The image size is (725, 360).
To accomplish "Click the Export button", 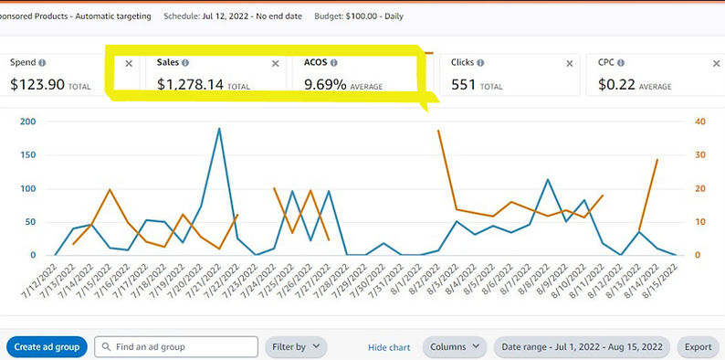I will [698, 347].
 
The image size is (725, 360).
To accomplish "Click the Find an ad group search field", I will [177, 347].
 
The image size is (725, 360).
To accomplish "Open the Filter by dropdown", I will [295, 347].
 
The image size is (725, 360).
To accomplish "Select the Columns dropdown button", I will [454, 347].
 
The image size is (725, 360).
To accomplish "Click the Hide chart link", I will [389, 347].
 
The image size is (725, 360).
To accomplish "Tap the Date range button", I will [582, 347].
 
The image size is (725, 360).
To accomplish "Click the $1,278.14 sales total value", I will [190, 85].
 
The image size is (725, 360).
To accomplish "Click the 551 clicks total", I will [465, 85].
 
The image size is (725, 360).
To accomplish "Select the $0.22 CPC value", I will [617, 85].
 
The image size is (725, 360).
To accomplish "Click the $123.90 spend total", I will [36, 85].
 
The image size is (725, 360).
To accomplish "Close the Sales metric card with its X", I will [276, 63].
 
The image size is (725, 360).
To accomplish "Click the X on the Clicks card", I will [570, 63].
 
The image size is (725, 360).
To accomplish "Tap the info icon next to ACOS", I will [333, 63].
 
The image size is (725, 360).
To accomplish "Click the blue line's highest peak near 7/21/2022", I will [219, 129].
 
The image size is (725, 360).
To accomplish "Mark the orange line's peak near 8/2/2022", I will [439, 131].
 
